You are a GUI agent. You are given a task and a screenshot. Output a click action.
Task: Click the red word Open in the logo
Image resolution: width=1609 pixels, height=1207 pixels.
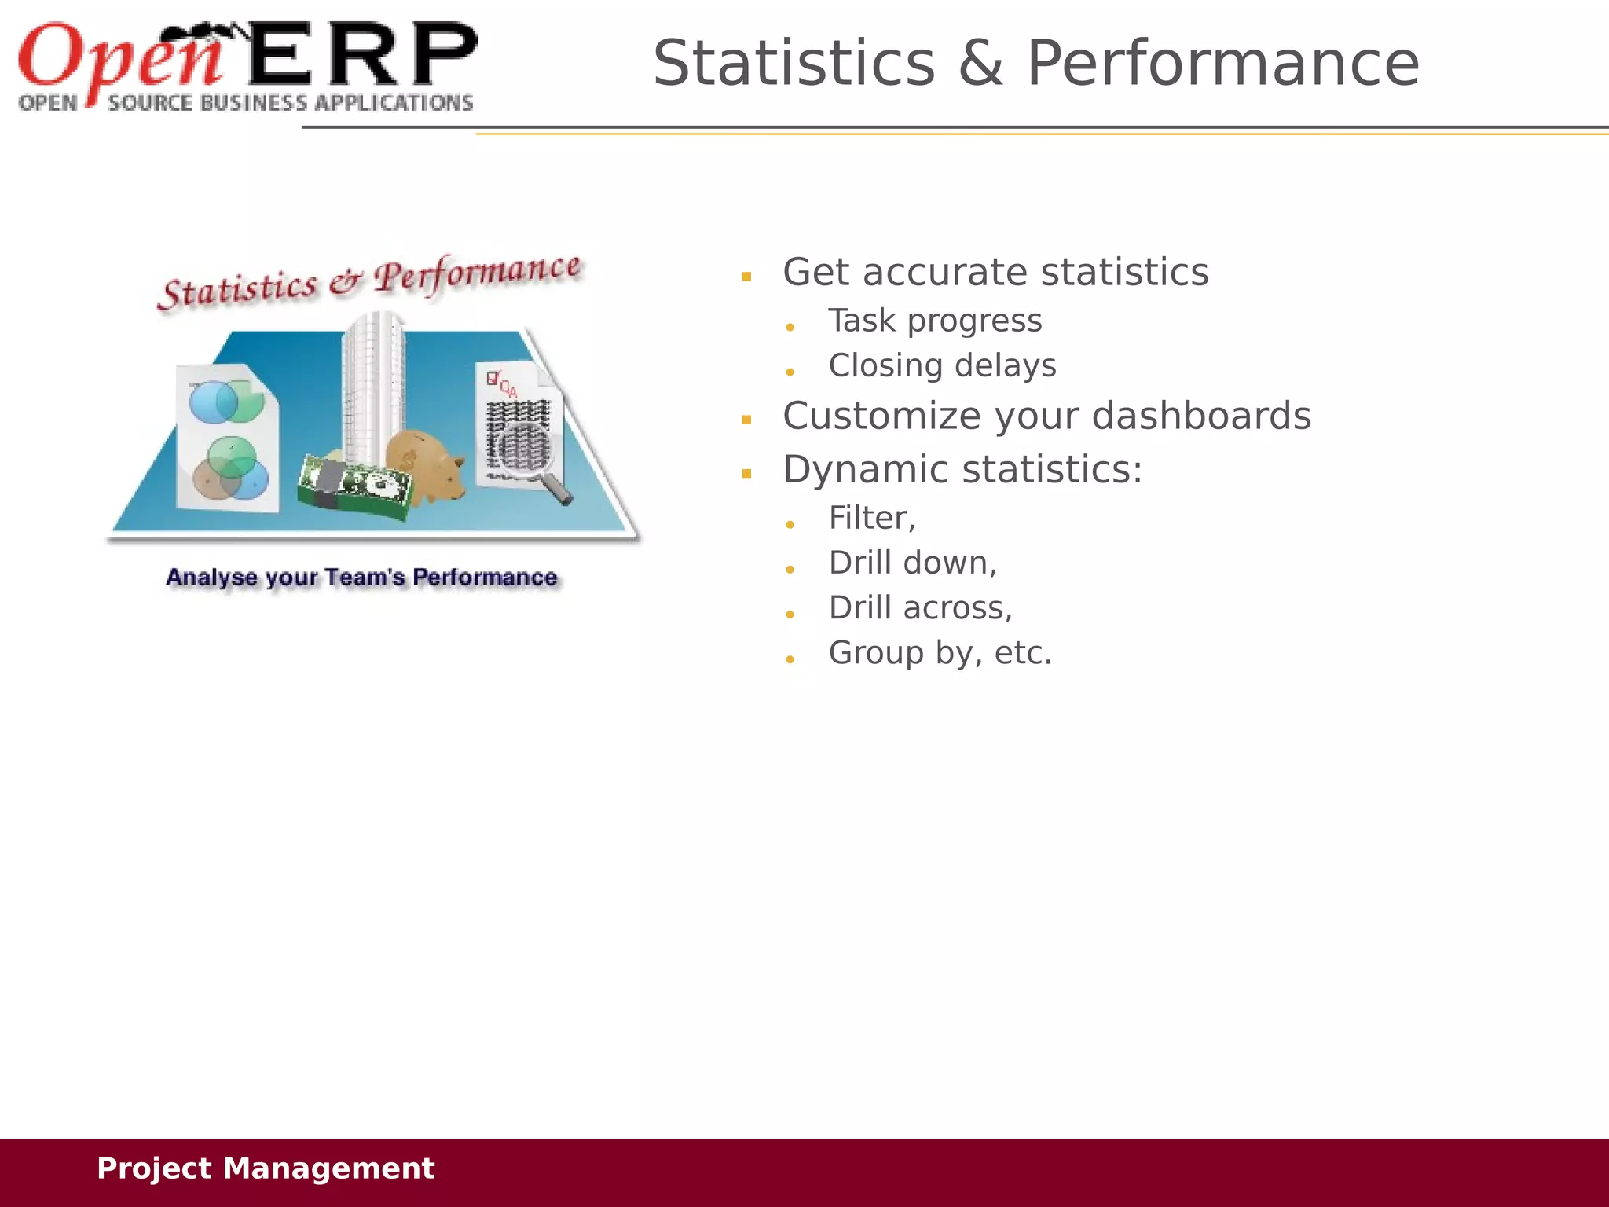[x=118, y=57]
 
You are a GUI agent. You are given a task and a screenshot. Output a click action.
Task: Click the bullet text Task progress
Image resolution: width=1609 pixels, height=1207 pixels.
[x=935, y=321]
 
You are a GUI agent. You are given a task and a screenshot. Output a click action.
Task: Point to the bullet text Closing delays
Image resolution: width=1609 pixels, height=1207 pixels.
[x=942, y=365]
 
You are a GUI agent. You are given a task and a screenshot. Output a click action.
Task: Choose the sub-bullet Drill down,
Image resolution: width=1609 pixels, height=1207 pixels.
[x=912, y=563]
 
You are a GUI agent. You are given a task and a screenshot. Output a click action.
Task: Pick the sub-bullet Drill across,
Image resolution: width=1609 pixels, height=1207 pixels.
[x=920, y=607]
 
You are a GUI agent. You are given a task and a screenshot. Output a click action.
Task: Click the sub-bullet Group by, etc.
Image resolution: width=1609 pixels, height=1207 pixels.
[x=940, y=653]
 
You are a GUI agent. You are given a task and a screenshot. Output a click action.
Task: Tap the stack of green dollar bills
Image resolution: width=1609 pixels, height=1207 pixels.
[x=355, y=487]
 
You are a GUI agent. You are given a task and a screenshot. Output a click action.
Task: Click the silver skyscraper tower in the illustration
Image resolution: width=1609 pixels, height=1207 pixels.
[x=374, y=385]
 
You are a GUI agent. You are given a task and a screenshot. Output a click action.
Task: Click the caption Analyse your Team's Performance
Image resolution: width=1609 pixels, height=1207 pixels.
[x=361, y=578]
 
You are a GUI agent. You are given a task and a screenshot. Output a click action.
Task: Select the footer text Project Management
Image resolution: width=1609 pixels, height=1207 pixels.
[x=265, y=1168]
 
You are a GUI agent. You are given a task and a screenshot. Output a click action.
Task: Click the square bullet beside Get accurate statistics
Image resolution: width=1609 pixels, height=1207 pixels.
[x=746, y=277]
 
